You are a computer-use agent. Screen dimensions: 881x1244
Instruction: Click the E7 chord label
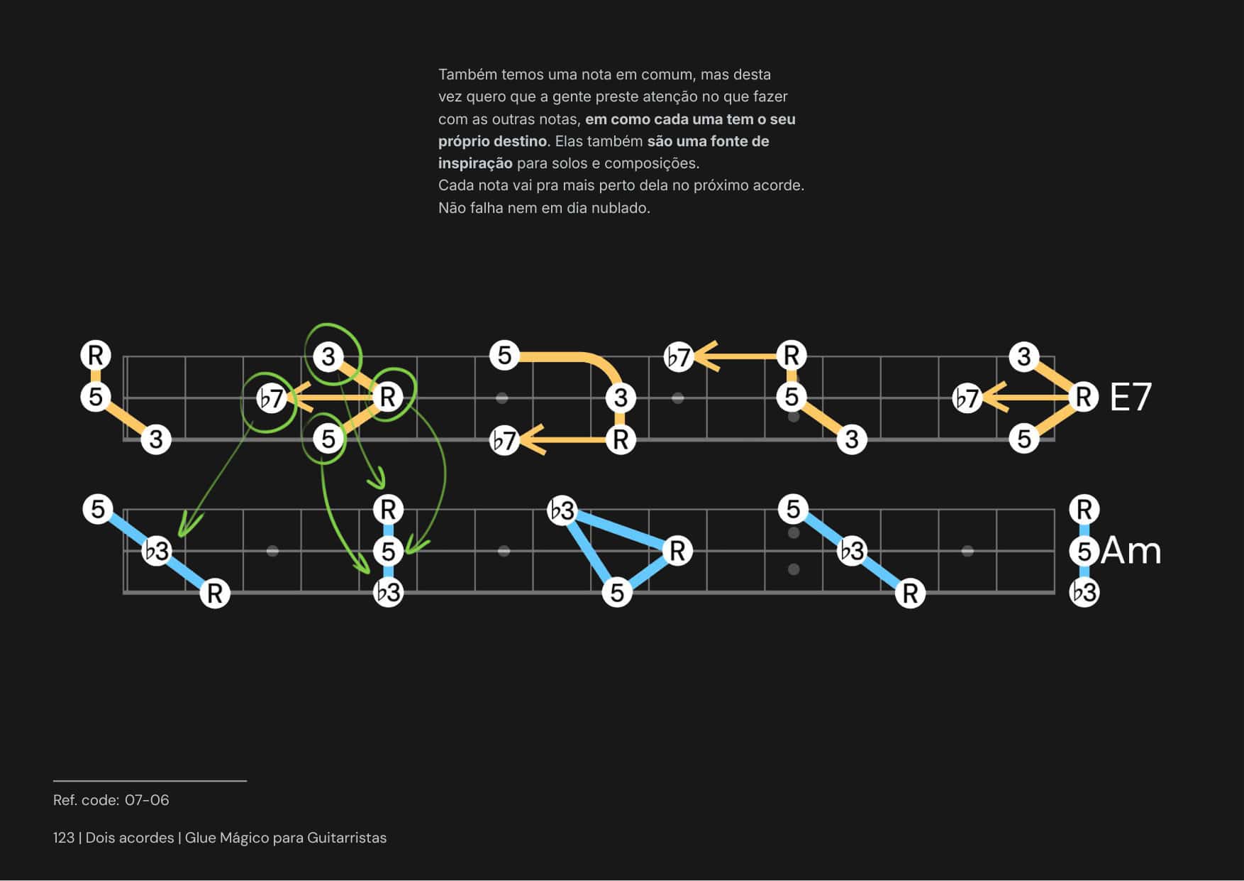pos(1130,397)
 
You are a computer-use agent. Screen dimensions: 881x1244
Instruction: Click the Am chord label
pos(1131,551)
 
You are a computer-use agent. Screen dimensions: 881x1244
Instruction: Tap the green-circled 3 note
pos(328,356)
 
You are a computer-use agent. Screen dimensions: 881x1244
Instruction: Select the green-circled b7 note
pos(271,398)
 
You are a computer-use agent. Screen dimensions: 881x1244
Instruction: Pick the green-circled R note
pos(388,397)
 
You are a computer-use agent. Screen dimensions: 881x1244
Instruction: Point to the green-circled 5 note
pos(328,439)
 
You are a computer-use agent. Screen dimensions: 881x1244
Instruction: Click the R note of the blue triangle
pos(677,550)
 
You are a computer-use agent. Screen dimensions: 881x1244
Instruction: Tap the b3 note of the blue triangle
pos(562,510)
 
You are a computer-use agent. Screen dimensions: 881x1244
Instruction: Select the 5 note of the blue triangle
pos(617,592)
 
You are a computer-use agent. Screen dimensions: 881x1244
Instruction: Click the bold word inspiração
pos(474,163)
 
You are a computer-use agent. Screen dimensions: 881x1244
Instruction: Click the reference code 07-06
pos(147,800)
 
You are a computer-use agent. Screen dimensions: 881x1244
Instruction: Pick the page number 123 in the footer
pos(64,838)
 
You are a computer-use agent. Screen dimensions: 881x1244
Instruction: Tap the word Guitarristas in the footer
pos(347,838)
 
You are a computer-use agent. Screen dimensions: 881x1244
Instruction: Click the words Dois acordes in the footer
pos(130,838)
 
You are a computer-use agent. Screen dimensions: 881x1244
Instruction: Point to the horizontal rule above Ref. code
pos(150,781)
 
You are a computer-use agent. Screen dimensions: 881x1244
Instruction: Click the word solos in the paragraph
pos(570,163)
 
